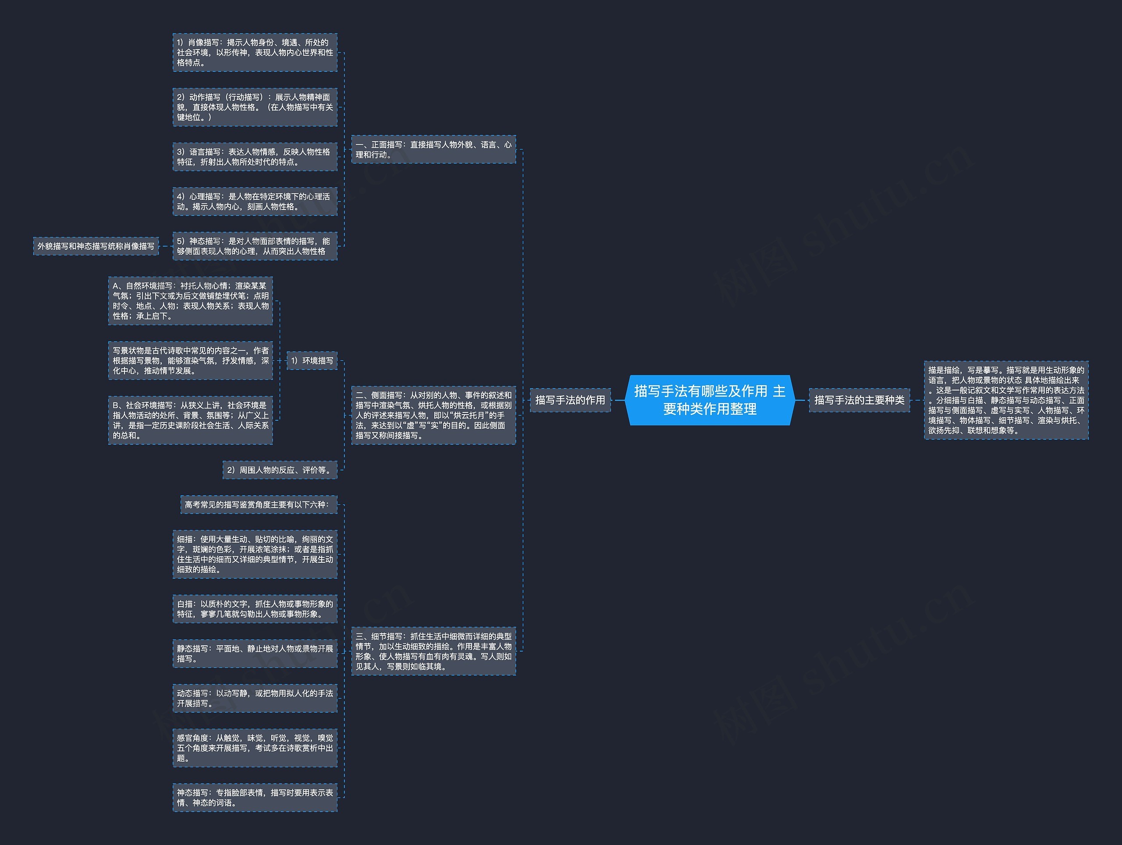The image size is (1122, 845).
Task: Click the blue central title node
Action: pos(710,400)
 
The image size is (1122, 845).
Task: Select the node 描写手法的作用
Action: pos(570,400)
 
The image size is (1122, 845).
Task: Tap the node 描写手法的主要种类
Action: pos(859,400)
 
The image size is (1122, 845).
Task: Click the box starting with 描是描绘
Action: pos(1006,400)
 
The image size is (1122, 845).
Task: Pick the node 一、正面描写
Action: pos(433,149)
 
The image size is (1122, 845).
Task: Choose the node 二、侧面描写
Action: pos(433,415)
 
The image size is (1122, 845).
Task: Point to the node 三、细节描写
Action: pos(433,651)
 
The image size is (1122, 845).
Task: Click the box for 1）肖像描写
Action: pos(255,52)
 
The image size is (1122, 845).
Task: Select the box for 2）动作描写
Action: pos(255,107)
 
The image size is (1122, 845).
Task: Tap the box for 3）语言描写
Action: pos(255,157)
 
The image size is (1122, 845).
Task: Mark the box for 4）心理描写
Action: pos(255,201)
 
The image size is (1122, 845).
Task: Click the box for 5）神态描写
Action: pos(255,246)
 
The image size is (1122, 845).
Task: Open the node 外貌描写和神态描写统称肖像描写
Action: pos(96,246)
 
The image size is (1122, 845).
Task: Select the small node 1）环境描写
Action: pos(312,361)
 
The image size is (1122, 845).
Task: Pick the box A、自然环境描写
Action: pos(190,301)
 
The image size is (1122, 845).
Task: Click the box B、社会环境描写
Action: pos(190,420)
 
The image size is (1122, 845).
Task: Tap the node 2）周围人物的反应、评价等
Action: pos(280,470)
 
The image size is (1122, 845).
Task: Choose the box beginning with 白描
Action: pos(255,609)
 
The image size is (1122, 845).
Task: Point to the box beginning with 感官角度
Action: pos(255,748)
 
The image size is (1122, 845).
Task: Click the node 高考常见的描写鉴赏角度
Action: pos(259,504)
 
